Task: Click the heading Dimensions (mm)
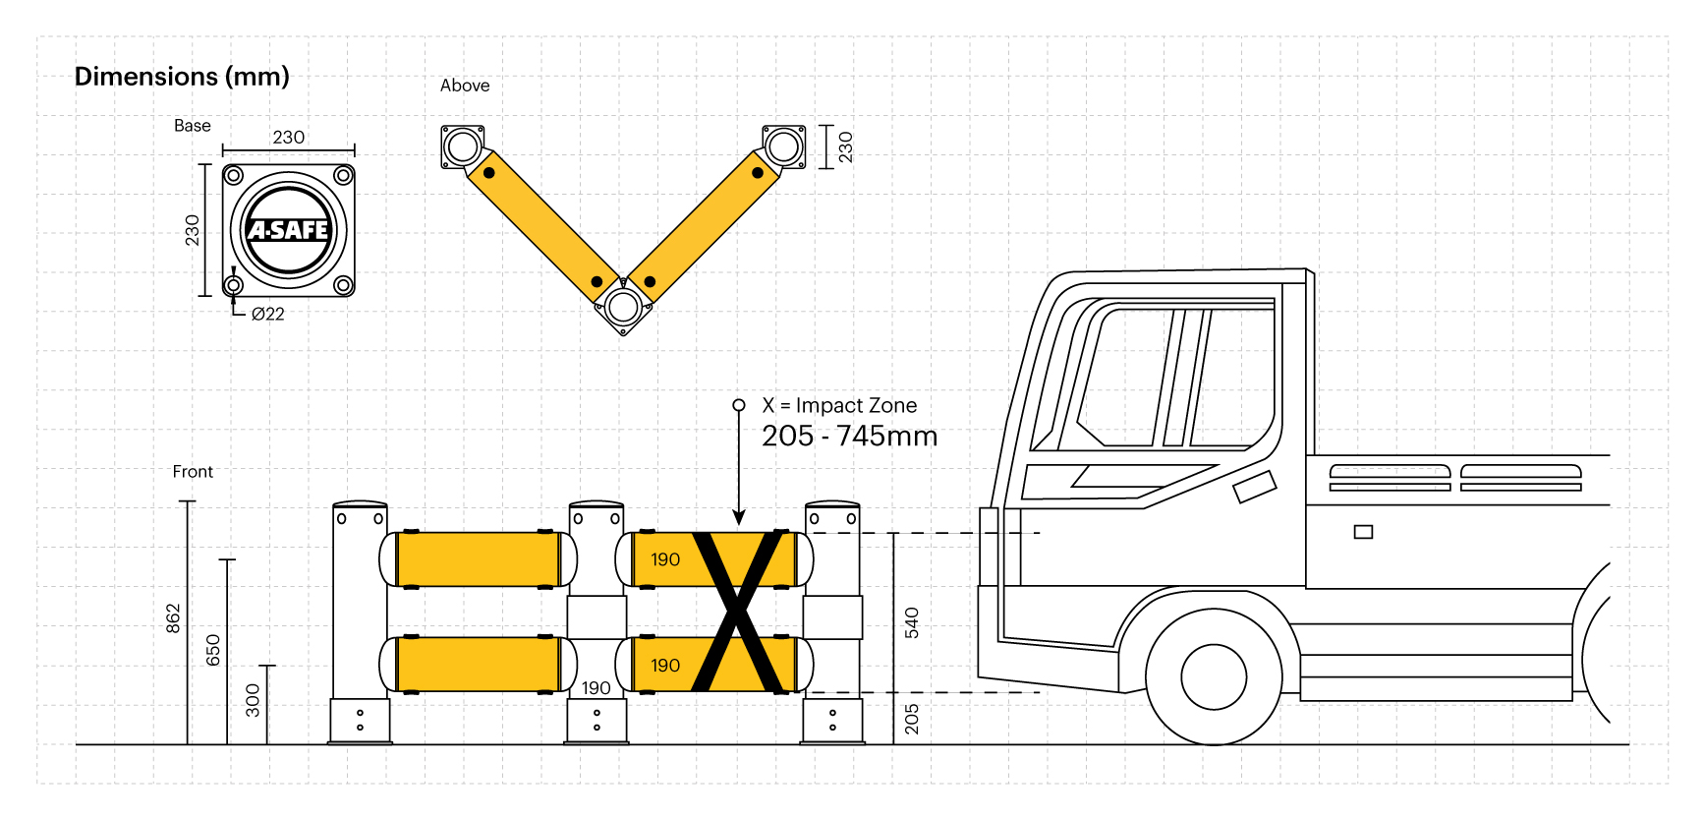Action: tap(182, 77)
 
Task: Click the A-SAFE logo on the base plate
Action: tap(288, 230)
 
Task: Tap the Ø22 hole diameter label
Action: tap(267, 315)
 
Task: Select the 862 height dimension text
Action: tap(173, 618)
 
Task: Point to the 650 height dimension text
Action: tap(213, 650)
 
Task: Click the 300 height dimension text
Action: tap(254, 700)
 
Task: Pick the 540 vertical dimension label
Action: tap(912, 622)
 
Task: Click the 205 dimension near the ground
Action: tap(912, 719)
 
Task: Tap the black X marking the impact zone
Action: tap(739, 612)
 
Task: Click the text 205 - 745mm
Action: tap(849, 437)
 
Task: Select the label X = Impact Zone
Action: tap(839, 405)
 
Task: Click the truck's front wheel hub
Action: tap(1214, 676)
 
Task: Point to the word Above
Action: tap(465, 86)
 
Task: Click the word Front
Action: tap(193, 472)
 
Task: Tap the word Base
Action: tap(193, 126)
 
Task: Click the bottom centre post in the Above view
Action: tap(622, 307)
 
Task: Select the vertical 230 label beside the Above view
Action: tap(845, 146)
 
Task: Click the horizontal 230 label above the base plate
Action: tap(288, 138)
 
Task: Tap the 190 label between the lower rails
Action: tap(596, 688)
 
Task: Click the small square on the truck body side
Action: tap(1363, 532)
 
